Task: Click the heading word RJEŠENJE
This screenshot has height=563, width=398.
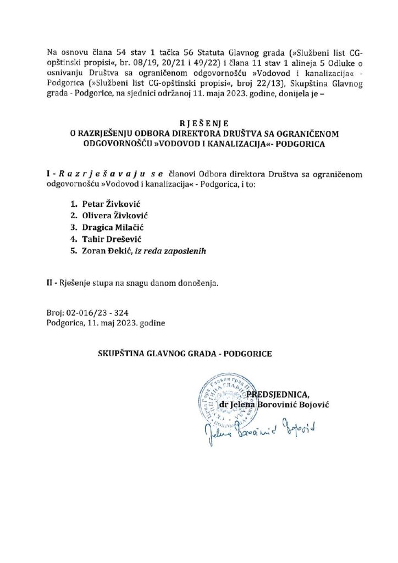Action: click(x=198, y=123)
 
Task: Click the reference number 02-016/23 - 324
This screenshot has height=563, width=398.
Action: click(x=97, y=312)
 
